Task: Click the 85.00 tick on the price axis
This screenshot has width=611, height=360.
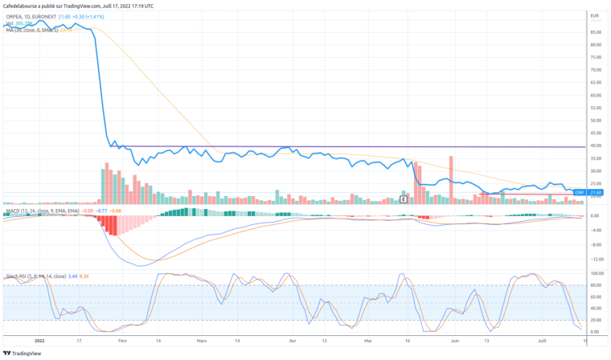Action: (x=596, y=32)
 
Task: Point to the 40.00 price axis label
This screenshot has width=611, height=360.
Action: (x=596, y=145)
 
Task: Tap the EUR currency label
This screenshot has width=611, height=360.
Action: (x=594, y=15)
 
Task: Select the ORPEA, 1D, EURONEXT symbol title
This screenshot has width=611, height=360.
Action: (x=30, y=15)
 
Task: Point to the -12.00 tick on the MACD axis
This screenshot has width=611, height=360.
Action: (x=596, y=259)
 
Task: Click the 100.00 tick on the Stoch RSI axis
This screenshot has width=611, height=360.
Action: (x=596, y=273)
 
